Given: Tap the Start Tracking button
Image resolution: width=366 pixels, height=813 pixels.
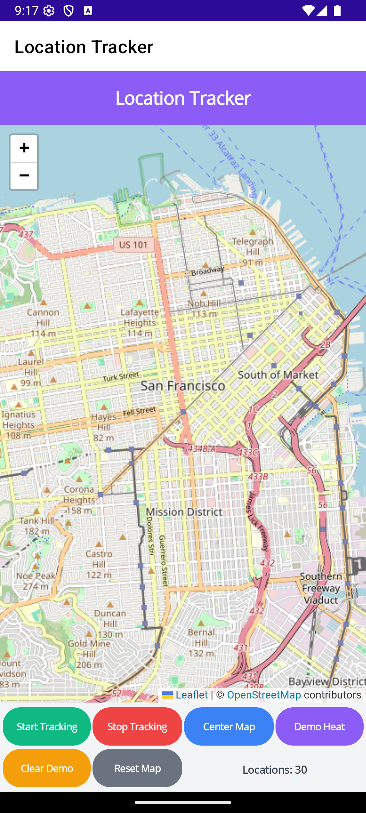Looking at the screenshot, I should click(x=47, y=727).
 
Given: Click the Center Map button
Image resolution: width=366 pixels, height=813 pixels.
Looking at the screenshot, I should click(x=229, y=727).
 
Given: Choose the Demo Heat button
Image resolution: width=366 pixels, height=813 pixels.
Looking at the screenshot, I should click(x=319, y=727).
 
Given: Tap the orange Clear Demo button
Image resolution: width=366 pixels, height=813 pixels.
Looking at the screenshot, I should click(x=47, y=768).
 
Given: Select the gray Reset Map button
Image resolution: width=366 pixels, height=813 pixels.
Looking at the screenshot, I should click(x=137, y=768).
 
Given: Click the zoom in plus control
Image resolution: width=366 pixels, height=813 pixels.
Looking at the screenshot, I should click(x=24, y=148).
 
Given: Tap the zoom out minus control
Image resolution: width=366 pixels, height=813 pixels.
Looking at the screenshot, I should click(x=24, y=176).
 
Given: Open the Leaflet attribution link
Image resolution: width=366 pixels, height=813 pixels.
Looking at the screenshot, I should click(x=191, y=695).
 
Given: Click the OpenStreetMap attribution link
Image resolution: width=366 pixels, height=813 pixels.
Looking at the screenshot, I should click(x=264, y=695).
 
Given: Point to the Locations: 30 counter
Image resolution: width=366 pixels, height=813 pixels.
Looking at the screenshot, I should click(x=274, y=770).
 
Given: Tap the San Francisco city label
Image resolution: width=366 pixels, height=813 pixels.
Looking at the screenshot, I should click(x=183, y=386).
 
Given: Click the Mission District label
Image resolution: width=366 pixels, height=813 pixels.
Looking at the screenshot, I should click(x=184, y=512).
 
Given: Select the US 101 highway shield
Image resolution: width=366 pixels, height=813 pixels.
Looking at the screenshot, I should click(x=134, y=245).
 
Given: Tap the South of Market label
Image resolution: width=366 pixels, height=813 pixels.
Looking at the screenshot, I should click(x=278, y=375).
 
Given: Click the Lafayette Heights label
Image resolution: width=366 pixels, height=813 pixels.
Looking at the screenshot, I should click(x=139, y=317).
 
